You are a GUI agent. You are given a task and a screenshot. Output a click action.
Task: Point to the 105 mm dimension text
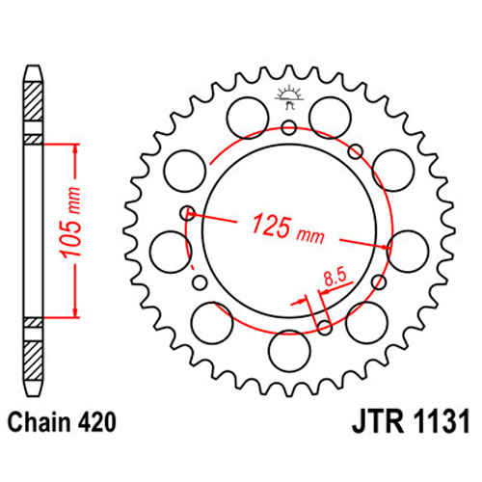70,223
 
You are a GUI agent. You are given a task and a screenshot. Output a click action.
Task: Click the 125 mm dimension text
288,228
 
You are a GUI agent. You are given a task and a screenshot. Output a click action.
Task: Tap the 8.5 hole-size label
335,278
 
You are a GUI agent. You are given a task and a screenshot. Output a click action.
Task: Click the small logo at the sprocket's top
289,96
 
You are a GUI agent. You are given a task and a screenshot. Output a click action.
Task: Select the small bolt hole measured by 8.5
325,327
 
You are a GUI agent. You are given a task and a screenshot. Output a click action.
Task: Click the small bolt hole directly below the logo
289,128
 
